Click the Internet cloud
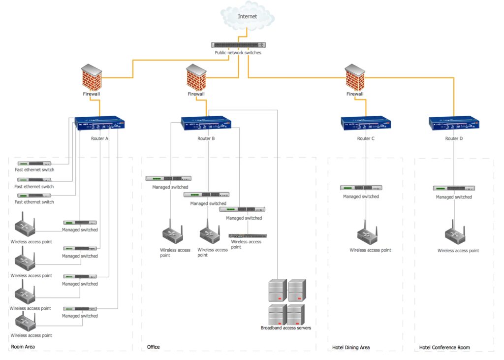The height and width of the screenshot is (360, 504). (248, 17)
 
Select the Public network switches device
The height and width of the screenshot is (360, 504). (238, 45)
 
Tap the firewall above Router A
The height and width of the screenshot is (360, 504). (92, 77)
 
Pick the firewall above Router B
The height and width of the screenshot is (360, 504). (196, 78)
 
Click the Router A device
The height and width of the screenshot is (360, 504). (99, 123)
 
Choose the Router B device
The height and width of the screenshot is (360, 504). (206, 123)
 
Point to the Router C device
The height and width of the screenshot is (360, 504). (366, 123)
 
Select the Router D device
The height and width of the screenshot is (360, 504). (454, 123)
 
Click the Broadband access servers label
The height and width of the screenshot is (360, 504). (286, 327)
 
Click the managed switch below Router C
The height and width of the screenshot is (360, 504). (361, 188)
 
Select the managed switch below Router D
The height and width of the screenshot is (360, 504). (454, 188)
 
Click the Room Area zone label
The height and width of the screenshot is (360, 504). (23, 347)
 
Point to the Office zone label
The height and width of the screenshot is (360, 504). (153, 347)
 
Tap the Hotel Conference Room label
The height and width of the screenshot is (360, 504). (444, 348)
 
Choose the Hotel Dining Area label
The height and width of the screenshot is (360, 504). (351, 348)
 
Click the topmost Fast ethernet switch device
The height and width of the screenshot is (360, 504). (34, 164)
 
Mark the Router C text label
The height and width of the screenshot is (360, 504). (366, 138)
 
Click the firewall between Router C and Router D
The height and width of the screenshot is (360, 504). (355, 78)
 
